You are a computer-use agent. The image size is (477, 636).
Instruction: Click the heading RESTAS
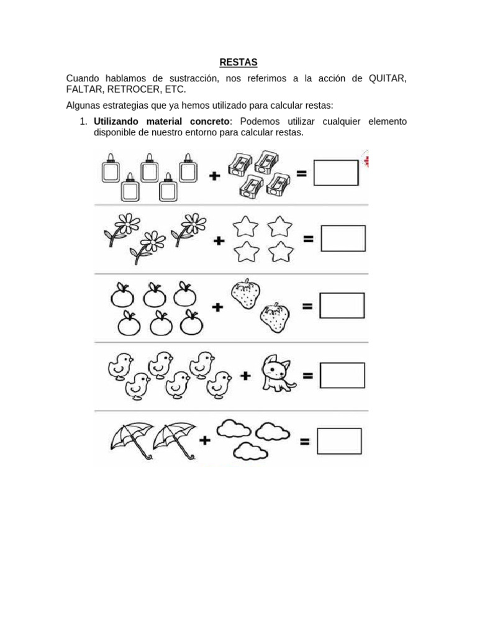(x=238, y=62)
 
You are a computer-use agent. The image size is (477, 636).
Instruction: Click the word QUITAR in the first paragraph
(x=387, y=78)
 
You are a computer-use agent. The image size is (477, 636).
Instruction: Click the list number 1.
(x=83, y=121)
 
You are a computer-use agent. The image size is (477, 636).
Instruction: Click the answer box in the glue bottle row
(x=336, y=173)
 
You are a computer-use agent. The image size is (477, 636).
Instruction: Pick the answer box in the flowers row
(x=343, y=238)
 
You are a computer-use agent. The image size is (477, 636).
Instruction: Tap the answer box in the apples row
(x=342, y=306)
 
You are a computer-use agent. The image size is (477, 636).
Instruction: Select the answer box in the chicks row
(x=342, y=375)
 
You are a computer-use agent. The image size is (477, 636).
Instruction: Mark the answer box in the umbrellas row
(x=339, y=441)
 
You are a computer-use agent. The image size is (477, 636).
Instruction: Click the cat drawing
(x=276, y=373)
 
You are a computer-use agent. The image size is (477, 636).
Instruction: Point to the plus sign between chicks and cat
(x=245, y=375)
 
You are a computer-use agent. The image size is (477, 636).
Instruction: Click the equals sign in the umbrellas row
(x=305, y=442)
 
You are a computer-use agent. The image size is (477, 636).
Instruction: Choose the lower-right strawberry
(x=275, y=317)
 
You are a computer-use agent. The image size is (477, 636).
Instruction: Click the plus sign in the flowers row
(x=219, y=240)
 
